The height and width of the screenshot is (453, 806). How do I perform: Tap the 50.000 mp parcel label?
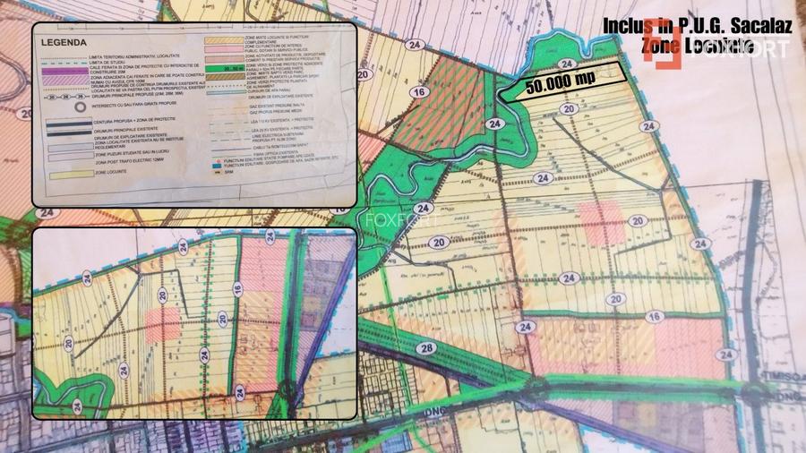tap(561, 81)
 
